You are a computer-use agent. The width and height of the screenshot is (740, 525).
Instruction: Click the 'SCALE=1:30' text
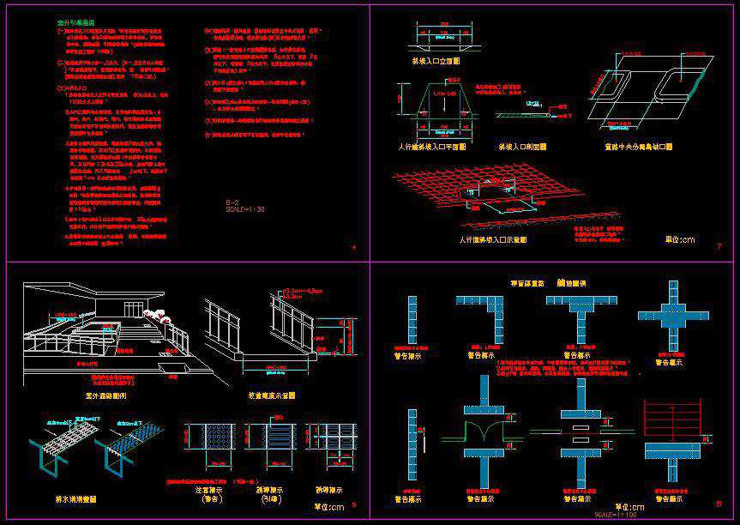tap(244, 208)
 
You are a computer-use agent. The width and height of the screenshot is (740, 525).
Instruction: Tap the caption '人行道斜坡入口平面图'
tap(432, 147)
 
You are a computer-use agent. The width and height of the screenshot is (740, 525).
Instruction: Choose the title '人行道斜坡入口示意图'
tap(492, 239)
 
